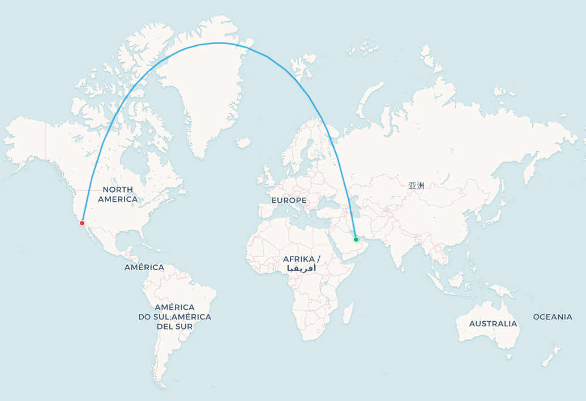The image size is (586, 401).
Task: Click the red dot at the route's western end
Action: pyautogui.click(x=82, y=223)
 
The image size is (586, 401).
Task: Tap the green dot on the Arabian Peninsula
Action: pyautogui.click(x=356, y=240)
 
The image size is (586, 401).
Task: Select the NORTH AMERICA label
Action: pyautogui.click(x=118, y=194)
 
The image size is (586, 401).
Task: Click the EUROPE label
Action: pyautogui.click(x=289, y=200)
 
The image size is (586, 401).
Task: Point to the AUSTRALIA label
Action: pyautogui.click(x=493, y=324)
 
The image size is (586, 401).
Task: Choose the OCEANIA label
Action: pyautogui.click(x=553, y=317)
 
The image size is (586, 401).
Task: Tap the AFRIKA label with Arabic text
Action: pyautogui.click(x=301, y=263)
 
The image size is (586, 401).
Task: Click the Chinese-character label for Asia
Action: pyautogui.click(x=416, y=185)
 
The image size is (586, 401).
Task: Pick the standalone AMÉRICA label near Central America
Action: pyautogui.click(x=144, y=267)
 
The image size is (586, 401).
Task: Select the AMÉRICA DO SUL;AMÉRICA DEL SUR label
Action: pyautogui.click(x=174, y=317)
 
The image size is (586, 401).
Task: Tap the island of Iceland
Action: pyautogui.click(x=243, y=142)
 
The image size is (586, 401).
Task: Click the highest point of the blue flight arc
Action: pyautogui.click(x=218, y=43)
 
